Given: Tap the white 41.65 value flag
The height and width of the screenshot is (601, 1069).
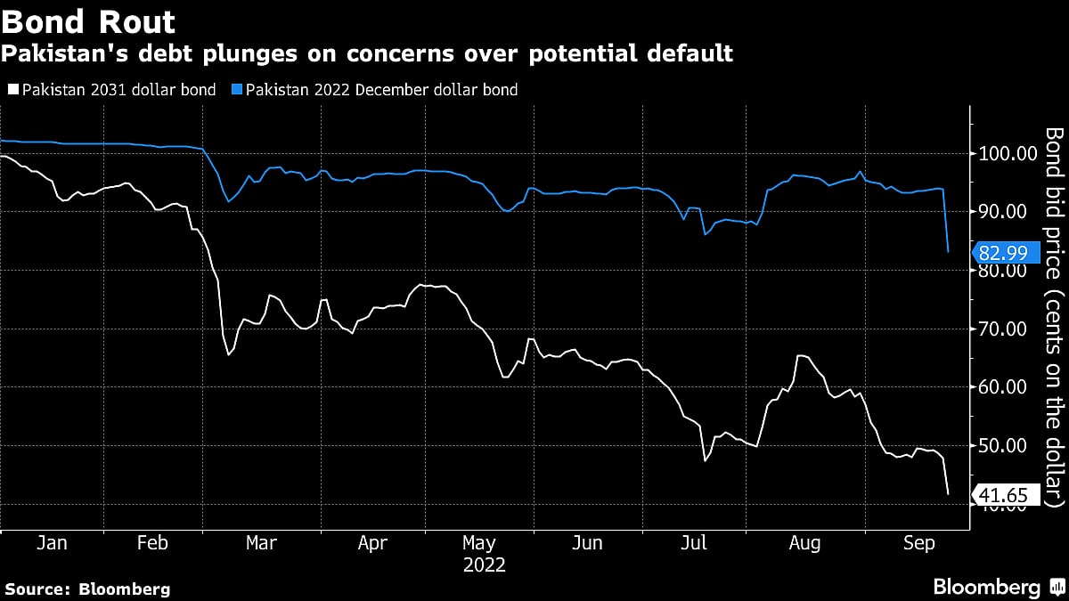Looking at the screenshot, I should [1008, 496].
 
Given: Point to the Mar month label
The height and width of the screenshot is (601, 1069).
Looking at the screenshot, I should [261, 543].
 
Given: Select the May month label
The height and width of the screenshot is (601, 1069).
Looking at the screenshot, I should [478, 543].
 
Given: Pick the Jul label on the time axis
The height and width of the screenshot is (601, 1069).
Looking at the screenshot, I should [696, 543].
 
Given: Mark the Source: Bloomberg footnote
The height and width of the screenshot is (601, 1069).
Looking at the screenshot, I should [87, 589].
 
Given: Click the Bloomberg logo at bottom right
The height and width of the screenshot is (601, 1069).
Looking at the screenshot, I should [999, 587].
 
